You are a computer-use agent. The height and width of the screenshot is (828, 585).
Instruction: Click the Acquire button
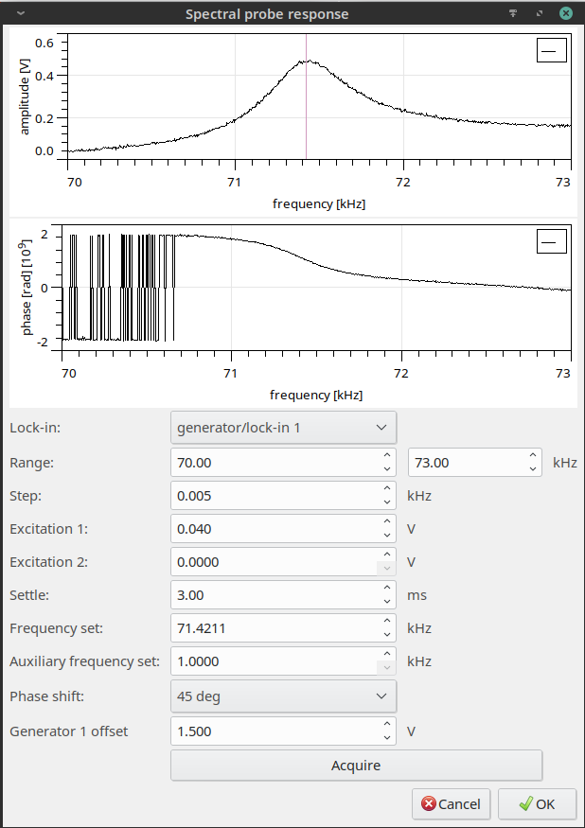pyautogui.click(x=356, y=765)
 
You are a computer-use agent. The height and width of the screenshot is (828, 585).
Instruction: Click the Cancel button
pyautogui.click(x=451, y=803)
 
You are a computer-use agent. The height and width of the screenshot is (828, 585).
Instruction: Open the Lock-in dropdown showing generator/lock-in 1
pyautogui.click(x=283, y=428)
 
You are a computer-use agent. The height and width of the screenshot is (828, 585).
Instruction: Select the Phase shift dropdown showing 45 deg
pyautogui.click(x=283, y=696)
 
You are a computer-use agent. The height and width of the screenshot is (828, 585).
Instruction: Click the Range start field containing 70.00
pyautogui.click(x=275, y=462)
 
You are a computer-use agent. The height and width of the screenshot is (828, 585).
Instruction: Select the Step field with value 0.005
pyautogui.click(x=275, y=495)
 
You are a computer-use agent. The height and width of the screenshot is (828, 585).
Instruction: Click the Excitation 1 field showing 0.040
pyautogui.click(x=275, y=528)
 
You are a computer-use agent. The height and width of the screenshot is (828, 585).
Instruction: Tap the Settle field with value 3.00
pyautogui.click(x=275, y=595)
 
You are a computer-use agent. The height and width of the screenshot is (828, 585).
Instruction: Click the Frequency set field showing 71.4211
pyautogui.click(x=275, y=628)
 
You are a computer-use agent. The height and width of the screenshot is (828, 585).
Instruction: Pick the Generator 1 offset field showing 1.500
pyautogui.click(x=275, y=731)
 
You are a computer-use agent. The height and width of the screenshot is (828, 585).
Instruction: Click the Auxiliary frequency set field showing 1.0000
pyautogui.click(x=275, y=662)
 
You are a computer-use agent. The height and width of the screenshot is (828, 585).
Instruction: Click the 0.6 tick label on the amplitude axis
pyautogui.click(x=44, y=44)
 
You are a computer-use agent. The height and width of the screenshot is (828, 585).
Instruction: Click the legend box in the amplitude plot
pyautogui.click(x=551, y=50)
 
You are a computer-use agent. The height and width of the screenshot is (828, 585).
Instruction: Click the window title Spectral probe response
pyautogui.click(x=267, y=14)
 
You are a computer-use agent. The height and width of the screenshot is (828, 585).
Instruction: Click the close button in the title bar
pyautogui.click(x=565, y=14)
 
